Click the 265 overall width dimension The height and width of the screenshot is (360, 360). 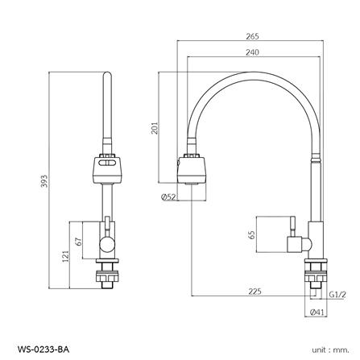point(252,36)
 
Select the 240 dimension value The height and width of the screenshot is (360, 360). point(252,52)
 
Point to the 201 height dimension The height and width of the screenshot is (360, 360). point(155,128)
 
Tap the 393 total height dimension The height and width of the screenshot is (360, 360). point(44,181)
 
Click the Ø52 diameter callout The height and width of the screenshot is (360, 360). point(168,197)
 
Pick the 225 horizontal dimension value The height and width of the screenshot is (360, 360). point(254,292)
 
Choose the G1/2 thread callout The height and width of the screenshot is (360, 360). point(337,295)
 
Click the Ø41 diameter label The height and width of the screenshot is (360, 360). point(317,312)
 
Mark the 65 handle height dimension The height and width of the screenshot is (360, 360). point(252,234)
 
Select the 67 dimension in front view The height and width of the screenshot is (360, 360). point(79,242)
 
